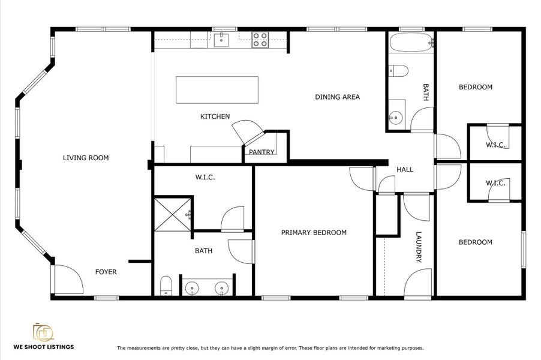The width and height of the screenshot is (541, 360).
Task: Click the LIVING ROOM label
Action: click(86, 158)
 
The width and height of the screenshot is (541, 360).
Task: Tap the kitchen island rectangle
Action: click(217, 90)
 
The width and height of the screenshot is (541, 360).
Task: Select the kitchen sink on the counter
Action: click(220, 40)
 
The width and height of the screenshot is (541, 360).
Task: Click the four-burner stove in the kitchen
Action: click(260, 40)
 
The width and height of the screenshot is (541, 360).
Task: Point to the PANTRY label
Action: click(262, 152)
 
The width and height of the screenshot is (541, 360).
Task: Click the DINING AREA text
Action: click(337, 97)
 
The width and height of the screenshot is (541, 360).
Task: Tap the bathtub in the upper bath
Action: click(410, 43)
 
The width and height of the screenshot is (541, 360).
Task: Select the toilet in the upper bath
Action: click(397, 71)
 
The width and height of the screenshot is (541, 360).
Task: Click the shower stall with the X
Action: click(172, 213)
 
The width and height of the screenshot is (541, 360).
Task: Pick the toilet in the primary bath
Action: click(166, 285)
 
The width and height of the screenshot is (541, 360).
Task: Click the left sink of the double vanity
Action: click(191, 289)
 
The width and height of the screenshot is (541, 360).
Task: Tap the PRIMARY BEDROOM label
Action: click(314, 233)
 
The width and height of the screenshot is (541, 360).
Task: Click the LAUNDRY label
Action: click(419, 247)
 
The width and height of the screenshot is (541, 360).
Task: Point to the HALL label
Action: click(405, 170)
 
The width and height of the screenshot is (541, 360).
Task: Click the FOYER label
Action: click(106, 272)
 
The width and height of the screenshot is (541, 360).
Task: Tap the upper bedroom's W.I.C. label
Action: click(495, 145)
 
